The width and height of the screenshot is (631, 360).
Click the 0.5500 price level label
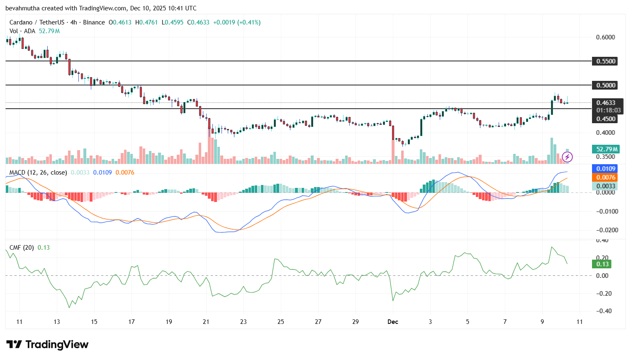click(x=606, y=61)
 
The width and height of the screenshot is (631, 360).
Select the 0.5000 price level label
click(x=606, y=85)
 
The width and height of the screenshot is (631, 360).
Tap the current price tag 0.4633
click(x=606, y=102)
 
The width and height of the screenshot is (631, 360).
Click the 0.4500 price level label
click(x=606, y=119)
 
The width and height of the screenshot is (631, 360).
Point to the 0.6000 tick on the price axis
click(x=605, y=37)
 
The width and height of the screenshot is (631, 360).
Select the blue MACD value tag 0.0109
click(x=606, y=168)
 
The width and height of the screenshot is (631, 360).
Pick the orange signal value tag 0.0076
click(x=606, y=177)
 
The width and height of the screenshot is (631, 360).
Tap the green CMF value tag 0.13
click(x=602, y=264)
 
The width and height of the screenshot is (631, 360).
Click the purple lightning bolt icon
click(x=567, y=157)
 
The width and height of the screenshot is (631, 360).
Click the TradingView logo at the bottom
click(x=47, y=345)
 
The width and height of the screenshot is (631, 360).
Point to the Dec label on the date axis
click(x=392, y=322)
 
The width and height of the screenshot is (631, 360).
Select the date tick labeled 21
click(x=206, y=322)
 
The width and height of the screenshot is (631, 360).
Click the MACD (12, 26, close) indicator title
click(x=38, y=172)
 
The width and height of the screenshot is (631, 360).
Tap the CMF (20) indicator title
click(x=22, y=248)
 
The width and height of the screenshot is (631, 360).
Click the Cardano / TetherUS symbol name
click(x=37, y=22)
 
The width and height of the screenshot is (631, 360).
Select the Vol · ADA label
click(x=22, y=31)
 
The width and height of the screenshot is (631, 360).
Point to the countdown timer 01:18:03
click(x=608, y=110)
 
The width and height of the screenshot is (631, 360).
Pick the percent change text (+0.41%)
click(x=249, y=22)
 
